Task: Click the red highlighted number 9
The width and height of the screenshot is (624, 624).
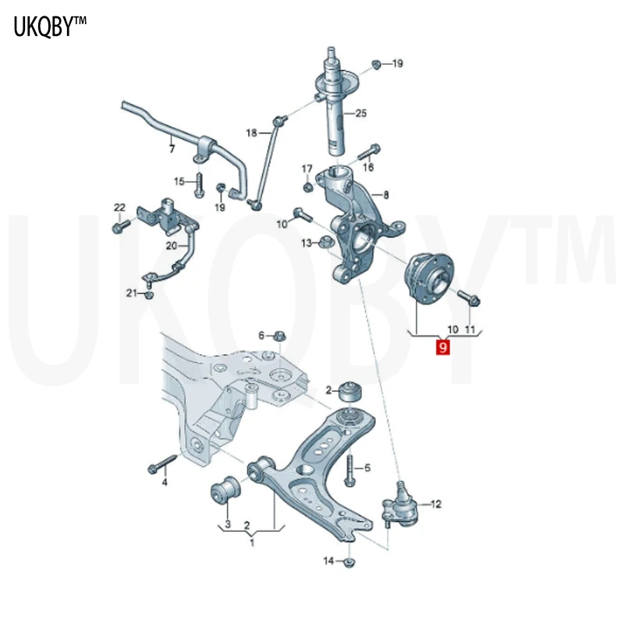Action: (x=442, y=346)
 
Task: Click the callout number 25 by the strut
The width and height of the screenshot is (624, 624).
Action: (x=360, y=113)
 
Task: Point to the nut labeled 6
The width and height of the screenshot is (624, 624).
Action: (x=279, y=335)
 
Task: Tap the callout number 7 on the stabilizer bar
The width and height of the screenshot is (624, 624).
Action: (x=172, y=149)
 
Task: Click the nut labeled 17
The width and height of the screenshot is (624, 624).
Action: (x=307, y=186)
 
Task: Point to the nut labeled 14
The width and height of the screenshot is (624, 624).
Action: (x=349, y=562)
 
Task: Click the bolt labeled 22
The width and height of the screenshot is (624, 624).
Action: (x=121, y=226)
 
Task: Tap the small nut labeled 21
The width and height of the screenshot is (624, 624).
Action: (x=149, y=295)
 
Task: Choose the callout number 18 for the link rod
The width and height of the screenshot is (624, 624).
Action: (x=251, y=133)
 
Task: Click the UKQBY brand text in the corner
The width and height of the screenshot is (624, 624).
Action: (x=50, y=27)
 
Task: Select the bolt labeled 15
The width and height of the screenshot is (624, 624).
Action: (x=199, y=184)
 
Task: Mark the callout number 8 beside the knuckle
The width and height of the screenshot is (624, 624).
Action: (x=385, y=195)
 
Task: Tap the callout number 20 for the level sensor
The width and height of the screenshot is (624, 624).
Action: (x=172, y=246)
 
